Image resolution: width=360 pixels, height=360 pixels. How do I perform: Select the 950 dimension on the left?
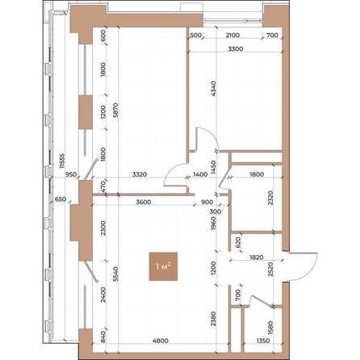click(x=70, y=174)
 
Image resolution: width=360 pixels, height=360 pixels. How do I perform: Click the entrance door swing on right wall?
click(x=303, y=266)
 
